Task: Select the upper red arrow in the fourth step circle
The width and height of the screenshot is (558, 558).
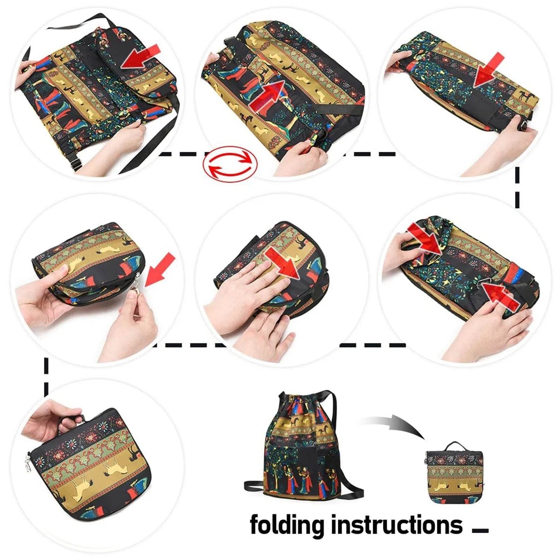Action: (425, 239)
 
